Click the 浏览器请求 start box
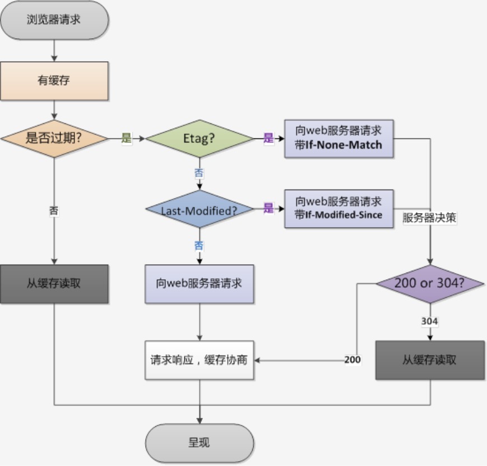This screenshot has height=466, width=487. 54,20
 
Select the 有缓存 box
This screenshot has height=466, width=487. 54,81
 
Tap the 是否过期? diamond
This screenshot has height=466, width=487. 54,138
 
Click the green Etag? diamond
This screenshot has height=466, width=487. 200,138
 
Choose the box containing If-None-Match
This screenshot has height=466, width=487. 338,138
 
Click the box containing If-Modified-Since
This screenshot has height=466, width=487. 338,209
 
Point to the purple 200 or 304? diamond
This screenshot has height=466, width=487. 429,284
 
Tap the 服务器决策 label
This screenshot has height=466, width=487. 429,219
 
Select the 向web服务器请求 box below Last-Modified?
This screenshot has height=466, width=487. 200,283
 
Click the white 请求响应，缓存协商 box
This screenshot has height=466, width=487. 200,360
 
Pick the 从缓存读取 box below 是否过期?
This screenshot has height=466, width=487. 54,283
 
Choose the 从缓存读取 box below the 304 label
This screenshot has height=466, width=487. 429,360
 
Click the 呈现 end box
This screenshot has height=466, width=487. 200,442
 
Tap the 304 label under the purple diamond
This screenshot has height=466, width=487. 429,321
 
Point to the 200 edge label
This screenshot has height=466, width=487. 353,360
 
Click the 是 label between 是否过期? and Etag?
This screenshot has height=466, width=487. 126,139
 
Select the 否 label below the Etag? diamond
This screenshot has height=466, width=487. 199,173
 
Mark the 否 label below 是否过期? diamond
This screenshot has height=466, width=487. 54,211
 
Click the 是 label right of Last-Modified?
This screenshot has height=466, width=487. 268,209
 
